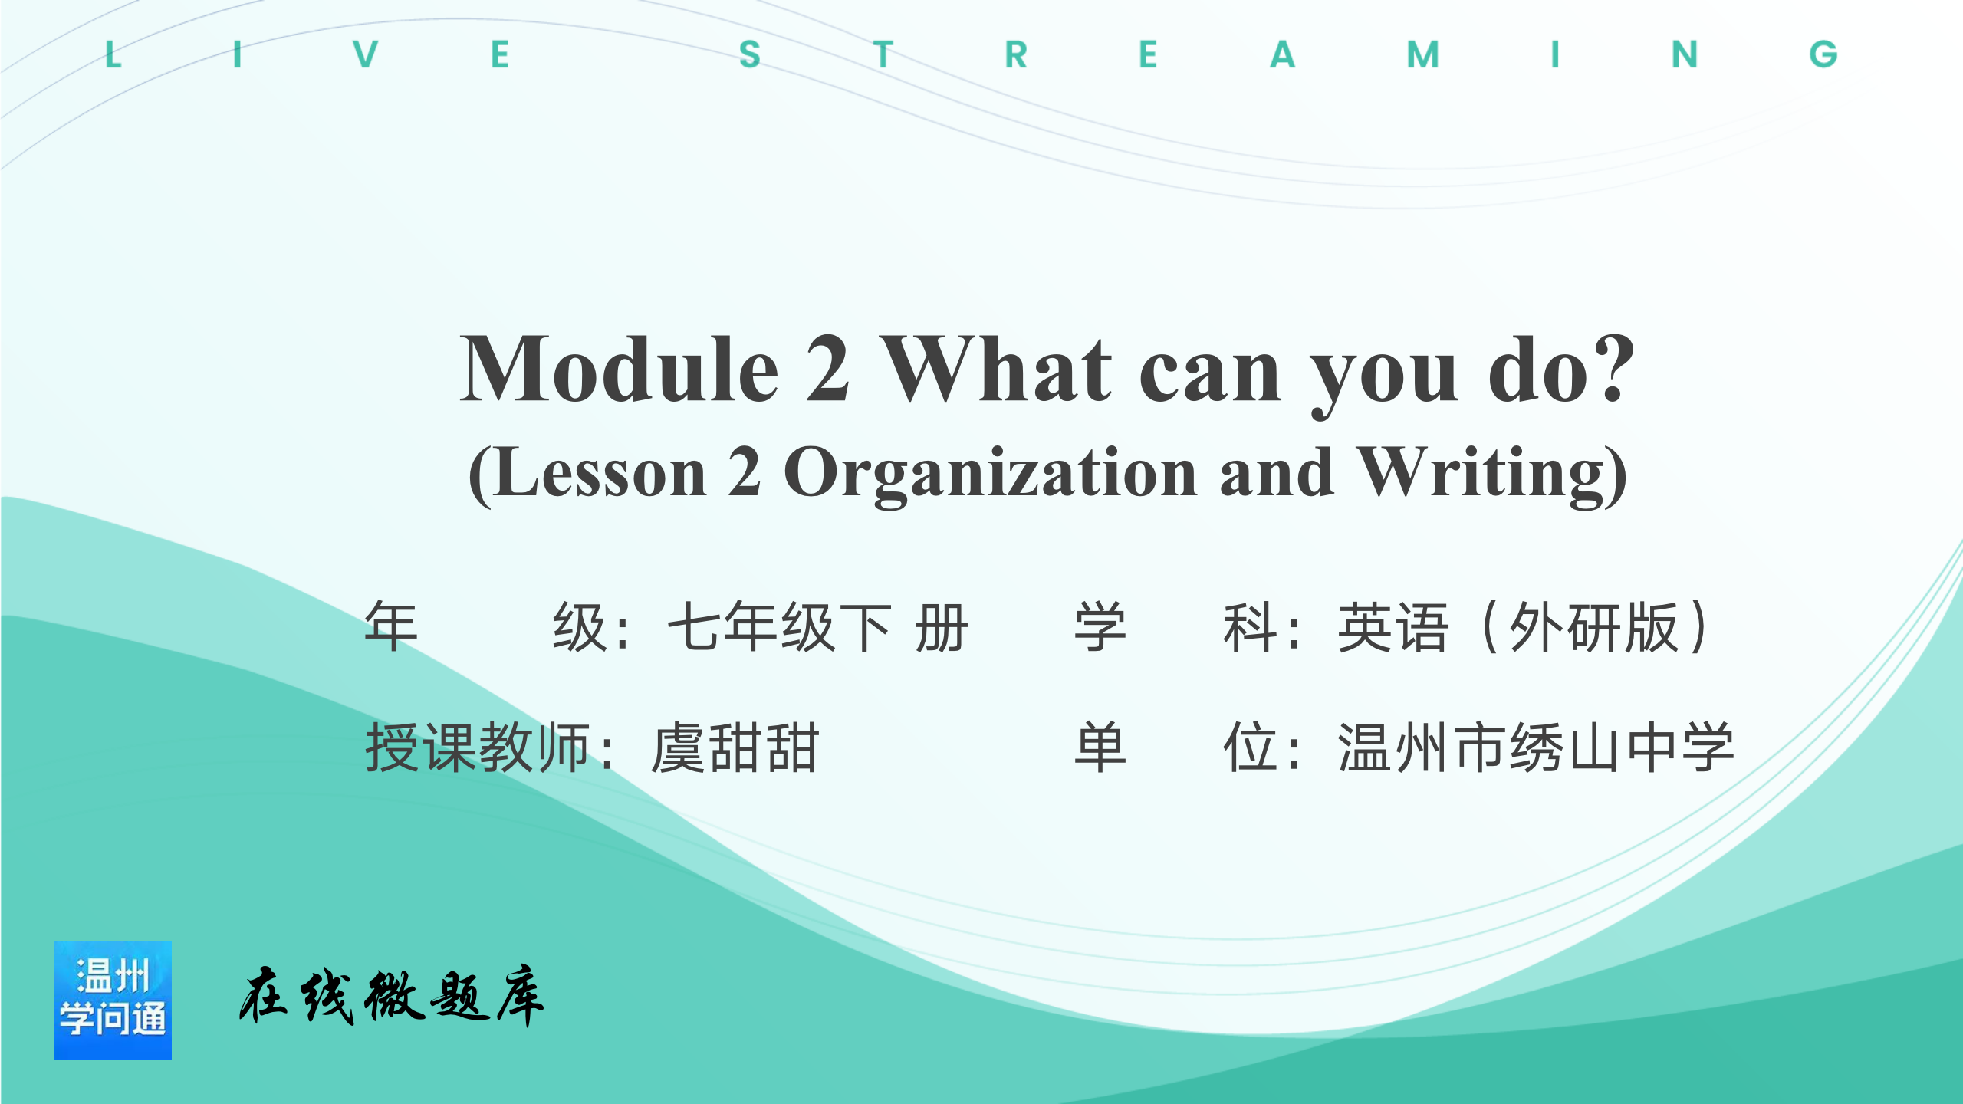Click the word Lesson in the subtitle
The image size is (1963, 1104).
click(600, 473)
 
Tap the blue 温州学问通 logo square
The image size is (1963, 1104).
click(113, 1001)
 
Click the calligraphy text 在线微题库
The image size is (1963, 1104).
click(392, 996)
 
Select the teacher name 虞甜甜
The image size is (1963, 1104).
click(735, 747)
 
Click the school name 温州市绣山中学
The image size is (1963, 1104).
click(1536, 747)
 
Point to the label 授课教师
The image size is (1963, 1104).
click(478, 747)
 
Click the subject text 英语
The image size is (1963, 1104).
click(1393, 627)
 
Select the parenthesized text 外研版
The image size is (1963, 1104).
click(1593, 627)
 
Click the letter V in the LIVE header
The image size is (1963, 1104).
click(366, 54)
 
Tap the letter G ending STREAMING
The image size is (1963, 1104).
click(1823, 54)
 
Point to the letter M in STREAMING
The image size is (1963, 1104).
click(1423, 54)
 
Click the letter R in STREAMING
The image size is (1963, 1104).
click(1016, 54)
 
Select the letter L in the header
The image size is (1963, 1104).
click(113, 54)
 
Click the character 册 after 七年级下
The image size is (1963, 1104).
click(942, 627)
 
